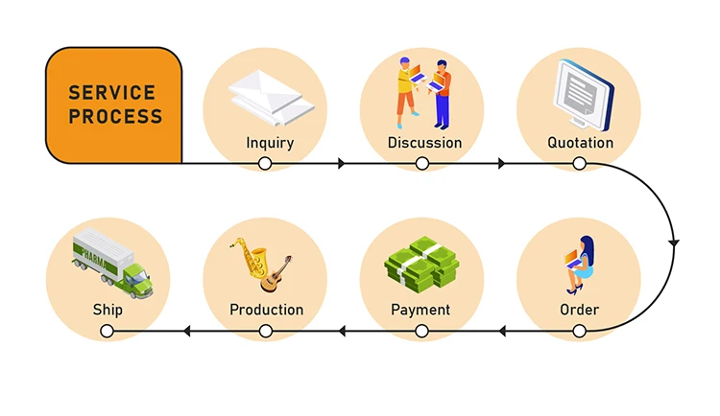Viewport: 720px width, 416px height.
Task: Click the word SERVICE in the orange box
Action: [x=111, y=94]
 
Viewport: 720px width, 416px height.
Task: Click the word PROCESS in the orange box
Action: [x=114, y=117]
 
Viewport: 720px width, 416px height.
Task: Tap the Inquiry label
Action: [x=270, y=144]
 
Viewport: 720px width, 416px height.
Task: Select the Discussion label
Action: [x=424, y=144]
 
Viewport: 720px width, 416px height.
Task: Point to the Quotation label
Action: [x=580, y=144]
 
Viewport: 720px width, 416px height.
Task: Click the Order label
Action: [x=579, y=310]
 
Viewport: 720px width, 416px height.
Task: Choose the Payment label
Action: [x=420, y=310]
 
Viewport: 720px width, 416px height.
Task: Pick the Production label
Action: [x=266, y=310]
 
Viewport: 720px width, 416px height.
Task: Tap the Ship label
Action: [x=108, y=310]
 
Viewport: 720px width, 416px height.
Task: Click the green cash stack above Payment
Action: [x=421, y=264]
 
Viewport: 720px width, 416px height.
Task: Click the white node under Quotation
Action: [x=579, y=164]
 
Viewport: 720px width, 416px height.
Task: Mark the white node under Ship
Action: [x=108, y=332]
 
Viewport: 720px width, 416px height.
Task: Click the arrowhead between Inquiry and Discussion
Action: [x=342, y=164]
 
